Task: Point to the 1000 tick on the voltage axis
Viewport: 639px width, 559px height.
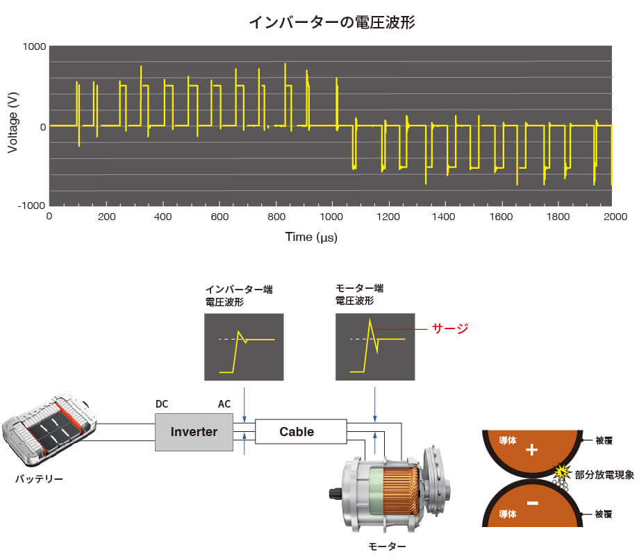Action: coord(33,47)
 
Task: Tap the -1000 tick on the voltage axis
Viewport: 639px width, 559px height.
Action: coord(31,206)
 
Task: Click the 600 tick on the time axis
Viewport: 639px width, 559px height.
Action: coord(219,217)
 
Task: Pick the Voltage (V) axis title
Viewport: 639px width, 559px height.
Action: coord(13,126)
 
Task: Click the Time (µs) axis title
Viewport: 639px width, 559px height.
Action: coord(310,237)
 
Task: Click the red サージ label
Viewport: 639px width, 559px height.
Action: coord(449,328)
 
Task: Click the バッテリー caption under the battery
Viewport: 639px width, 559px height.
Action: coord(39,479)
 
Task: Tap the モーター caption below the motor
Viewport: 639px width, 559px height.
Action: coord(386,547)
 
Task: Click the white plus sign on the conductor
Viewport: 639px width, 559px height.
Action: coord(532,450)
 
